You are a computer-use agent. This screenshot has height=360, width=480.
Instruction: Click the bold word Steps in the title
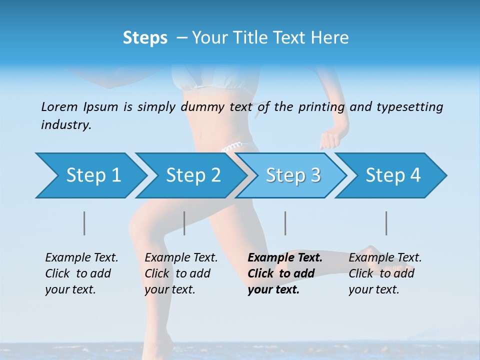[x=145, y=38]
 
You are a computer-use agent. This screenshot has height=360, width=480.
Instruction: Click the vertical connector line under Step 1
[x=84, y=223]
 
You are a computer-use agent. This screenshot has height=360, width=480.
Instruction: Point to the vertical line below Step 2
[x=184, y=223]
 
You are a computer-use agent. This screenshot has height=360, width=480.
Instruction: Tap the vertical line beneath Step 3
[x=285, y=223]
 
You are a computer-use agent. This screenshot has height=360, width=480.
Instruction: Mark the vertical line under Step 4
[x=386, y=223]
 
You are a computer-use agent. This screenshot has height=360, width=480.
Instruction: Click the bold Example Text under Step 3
[x=285, y=258]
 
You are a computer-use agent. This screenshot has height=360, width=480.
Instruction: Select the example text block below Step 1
[x=81, y=273]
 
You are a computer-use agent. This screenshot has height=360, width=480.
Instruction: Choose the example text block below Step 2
[x=181, y=273]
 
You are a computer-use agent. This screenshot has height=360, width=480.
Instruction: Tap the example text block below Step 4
[x=385, y=273]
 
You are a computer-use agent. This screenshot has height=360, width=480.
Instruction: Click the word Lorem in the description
[x=59, y=106]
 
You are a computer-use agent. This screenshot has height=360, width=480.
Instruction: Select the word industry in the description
[x=66, y=125]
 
